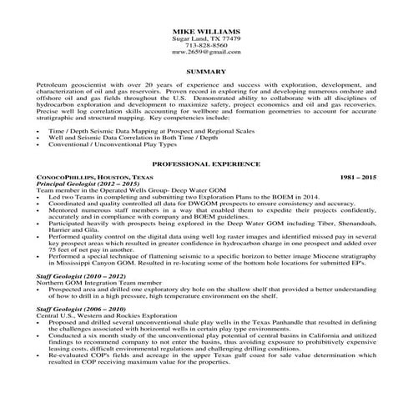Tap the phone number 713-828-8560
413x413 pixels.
(x=205, y=45)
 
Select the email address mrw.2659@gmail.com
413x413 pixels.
(x=205, y=53)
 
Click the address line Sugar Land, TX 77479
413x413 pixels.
(x=205, y=38)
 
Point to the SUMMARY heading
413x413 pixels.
(x=205, y=73)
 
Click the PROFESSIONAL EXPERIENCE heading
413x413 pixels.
(x=205, y=166)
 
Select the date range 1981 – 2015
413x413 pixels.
(x=359, y=179)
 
